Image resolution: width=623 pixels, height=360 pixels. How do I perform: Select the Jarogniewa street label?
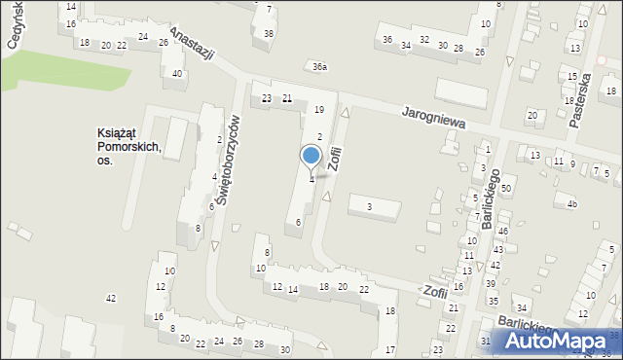click(x=433, y=119)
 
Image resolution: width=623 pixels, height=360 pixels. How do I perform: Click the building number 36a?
click(x=319, y=67)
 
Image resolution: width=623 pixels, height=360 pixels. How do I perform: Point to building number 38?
click(x=269, y=34)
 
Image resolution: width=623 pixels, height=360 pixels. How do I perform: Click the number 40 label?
click(x=177, y=74)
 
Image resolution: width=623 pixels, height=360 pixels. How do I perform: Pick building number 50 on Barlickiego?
click(x=506, y=188)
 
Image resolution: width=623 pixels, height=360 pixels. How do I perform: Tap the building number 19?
click(x=318, y=110)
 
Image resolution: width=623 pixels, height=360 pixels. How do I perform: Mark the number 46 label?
click(x=502, y=232)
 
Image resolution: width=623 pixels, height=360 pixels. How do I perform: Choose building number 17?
click(x=389, y=350)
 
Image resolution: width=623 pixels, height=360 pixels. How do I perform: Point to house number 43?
click(x=497, y=250)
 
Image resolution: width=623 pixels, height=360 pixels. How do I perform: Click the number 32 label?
click(x=423, y=40)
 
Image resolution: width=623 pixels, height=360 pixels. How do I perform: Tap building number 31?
click(x=486, y=342)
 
